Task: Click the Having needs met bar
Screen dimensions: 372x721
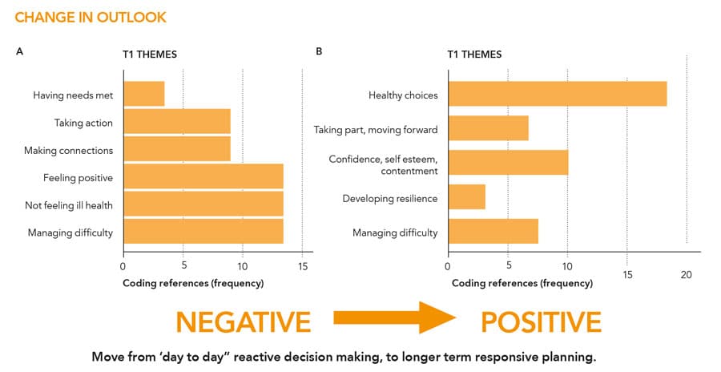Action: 143,94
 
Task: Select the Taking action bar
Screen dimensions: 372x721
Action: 177,122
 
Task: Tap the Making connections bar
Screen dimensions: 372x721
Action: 177,149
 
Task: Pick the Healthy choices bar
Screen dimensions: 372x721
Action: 558,94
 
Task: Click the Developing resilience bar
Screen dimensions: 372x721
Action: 467,197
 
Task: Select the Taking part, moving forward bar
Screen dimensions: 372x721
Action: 489,128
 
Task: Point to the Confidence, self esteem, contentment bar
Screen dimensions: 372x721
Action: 509,163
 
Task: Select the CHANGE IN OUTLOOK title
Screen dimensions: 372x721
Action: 91,17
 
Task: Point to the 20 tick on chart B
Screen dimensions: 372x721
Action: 686,275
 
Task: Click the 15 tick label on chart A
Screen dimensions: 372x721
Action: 302,267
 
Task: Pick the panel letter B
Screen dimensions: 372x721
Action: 320,51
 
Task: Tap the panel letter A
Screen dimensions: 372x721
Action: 19,51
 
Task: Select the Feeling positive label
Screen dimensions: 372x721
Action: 78,177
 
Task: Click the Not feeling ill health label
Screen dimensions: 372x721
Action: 68,205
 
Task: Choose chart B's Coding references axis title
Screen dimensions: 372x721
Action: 522,283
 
